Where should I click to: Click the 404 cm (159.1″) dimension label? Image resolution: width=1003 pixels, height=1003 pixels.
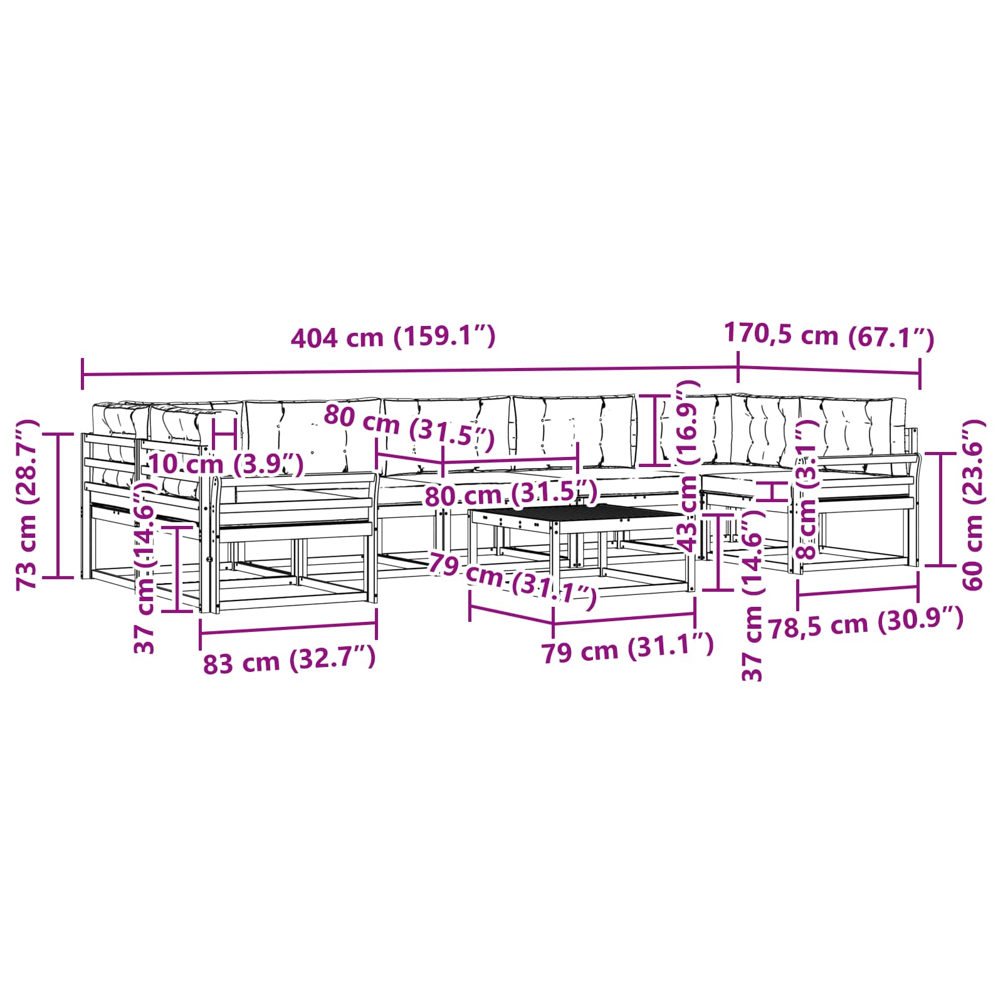click(393, 337)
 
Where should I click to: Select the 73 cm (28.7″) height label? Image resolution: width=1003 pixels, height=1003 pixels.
click(28, 505)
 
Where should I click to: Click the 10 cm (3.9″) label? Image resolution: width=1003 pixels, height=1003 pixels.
click(226, 465)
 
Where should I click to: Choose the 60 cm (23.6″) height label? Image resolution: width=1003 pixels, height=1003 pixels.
click(972, 505)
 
